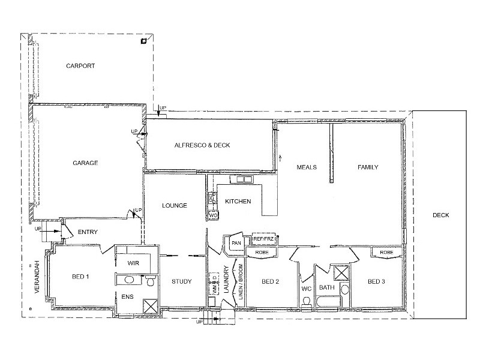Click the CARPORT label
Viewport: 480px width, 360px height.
pyautogui.click(x=80, y=66)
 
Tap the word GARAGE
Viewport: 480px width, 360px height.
pyautogui.click(x=85, y=163)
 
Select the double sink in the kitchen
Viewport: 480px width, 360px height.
pyautogui.click(x=241, y=179)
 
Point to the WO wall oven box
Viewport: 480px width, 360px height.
pyautogui.click(x=213, y=215)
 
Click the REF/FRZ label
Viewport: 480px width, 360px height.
pyautogui.click(x=263, y=239)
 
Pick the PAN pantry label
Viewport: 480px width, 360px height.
pyautogui.click(x=236, y=243)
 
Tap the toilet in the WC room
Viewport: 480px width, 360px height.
pyautogui.click(x=306, y=301)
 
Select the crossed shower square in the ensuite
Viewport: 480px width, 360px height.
pyautogui.click(x=151, y=306)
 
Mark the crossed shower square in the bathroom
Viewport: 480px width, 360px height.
pyautogui.click(x=341, y=272)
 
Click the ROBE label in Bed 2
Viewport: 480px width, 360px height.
pyautogui.click(x=262, y=252)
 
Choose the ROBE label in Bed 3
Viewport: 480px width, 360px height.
pyautogui.click(x=386, y=252)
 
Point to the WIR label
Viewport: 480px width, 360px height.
pyautogui.click(x=133, y=263)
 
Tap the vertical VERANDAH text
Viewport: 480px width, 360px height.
pyautogui.click(x=37, y=277)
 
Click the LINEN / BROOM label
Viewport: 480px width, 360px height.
pyautogui.click(x=241, y=282)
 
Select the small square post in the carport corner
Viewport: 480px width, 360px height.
pyautogui.click(x=143, y=41)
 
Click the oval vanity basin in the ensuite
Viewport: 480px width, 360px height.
pyautogui.click(x=129, y=280)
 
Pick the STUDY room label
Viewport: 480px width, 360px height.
pyautogui.click(x=182, y=281)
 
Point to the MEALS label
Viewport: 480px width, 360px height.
pyautogui.click(x=307, y=167)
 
